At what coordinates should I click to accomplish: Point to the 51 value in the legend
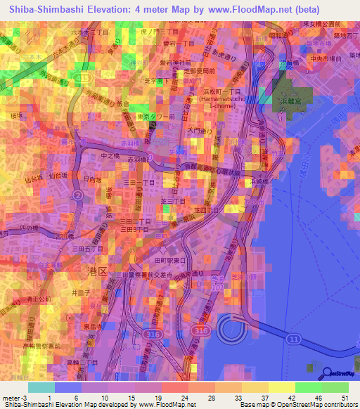(x=345, y=398)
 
